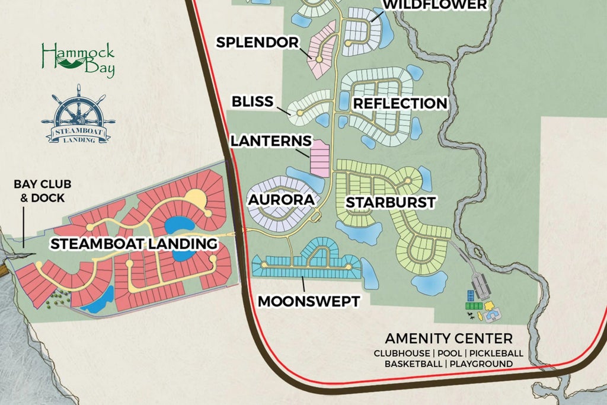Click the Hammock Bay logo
pyautogui.click(x=78, y=60)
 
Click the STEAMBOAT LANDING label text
pyautogui.click(x=133, y=243)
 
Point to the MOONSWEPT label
pyautogui.click(x=308, y=301)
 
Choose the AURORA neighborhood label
pyautogui.click(x=281, y=200)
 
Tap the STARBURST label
pyautogui.click(x=390, y=202)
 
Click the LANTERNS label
pyautogui.click(x=270, y=141)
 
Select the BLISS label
pyautogui.click(x=253, y=101)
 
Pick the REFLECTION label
pyautogui.click(x=400, y=103)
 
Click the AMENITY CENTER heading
pyautogui.click(x=449, y=339)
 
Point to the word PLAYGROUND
pyautogui.click(x=481, y=363)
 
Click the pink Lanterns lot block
pyautogui.click(x=320, y=158)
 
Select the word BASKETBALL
pyautogui.click(x=412, y=363)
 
